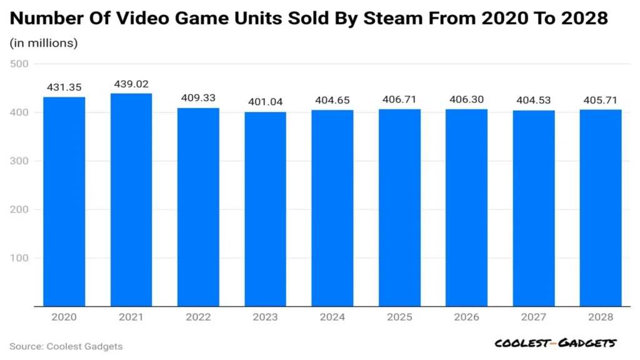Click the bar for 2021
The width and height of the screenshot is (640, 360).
[x=131, y=200]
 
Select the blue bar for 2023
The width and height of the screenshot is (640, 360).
[x=265, y=209]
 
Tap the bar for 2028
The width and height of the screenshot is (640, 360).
[x=601, y=208]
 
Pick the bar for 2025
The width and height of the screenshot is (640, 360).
[x=399, y=208]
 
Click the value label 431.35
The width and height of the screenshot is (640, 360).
[x=64, y=87]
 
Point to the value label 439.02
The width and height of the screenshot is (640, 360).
[x=131, y=83]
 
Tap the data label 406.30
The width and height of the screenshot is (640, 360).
[x=466, y=99]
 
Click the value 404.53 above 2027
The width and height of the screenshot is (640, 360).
[x=534, y=101]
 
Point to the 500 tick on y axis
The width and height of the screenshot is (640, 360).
[x=19, y=64]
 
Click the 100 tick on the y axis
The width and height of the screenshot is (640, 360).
[x=19, y=257]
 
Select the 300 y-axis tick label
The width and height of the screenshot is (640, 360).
[x=19, y=161]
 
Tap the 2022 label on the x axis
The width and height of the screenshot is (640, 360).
[x=198, y=317]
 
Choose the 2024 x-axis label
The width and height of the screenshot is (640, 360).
[x=332, y=317]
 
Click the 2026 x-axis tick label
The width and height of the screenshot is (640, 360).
[x=466, y=317]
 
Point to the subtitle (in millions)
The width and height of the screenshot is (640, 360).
[x=44, y=43]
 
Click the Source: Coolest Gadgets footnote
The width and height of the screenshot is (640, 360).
[x=66, y=346]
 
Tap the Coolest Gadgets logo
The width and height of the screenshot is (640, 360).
[x=555, y=343]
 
